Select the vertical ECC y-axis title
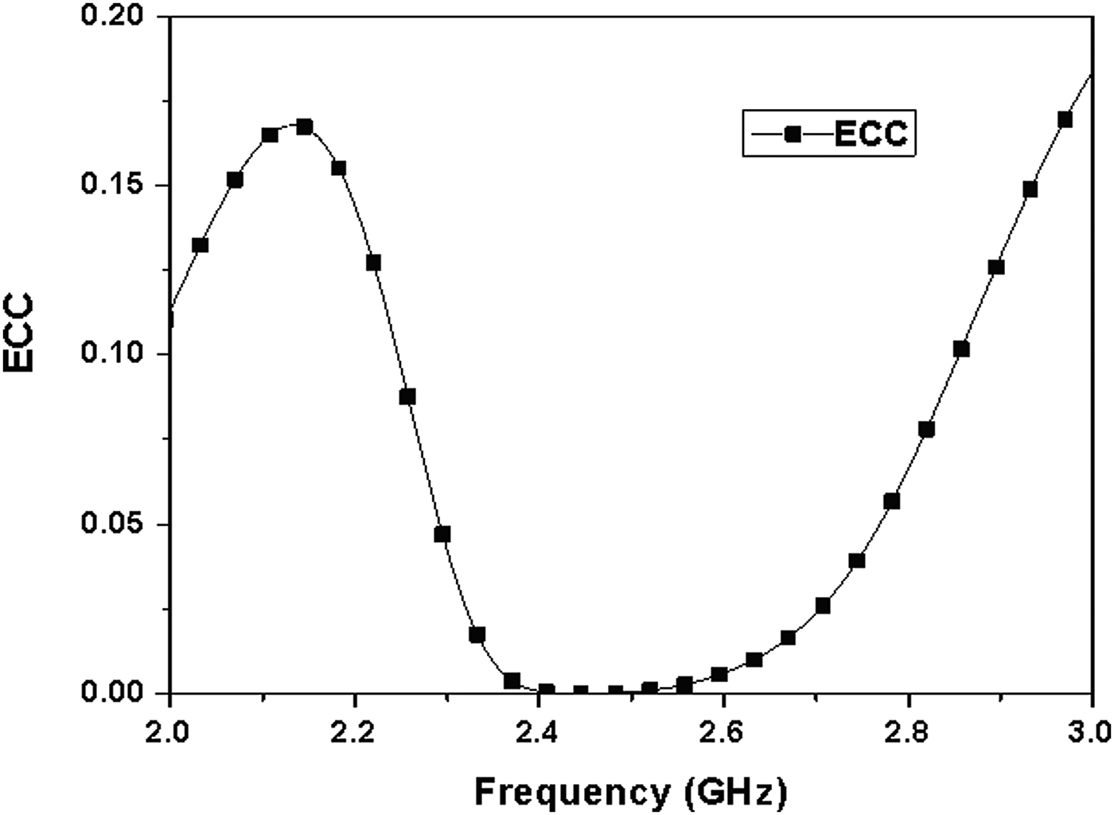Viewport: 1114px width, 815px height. (19, 333)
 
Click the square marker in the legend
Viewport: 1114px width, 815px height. (791, 134)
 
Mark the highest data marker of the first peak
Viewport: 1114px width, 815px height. (304, 127)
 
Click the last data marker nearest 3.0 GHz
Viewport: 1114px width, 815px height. (1065, 119)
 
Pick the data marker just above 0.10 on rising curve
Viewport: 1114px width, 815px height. (961, 349)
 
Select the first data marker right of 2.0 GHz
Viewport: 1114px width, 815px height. (200, 245)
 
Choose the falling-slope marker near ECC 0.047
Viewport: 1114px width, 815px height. (442, 534)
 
